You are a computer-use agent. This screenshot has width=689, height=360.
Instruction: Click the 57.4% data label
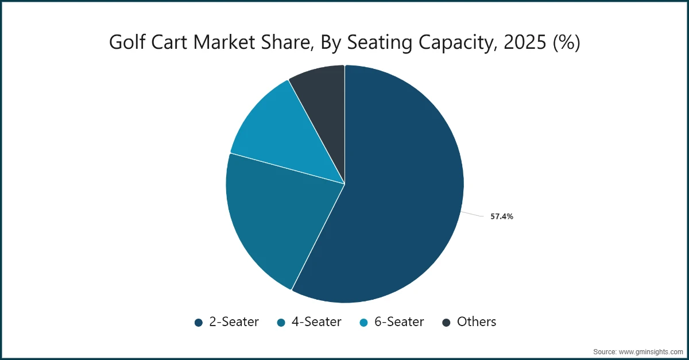pyautogui.click(x=501, y=217)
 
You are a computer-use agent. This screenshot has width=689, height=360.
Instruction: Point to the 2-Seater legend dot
pyautogui.click(x=199, y=323)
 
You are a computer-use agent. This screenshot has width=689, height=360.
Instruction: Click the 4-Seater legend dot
pyautogui.click(x=281, y=323)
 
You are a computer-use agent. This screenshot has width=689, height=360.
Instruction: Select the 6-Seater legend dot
pyautogui.click(x=364, y=323)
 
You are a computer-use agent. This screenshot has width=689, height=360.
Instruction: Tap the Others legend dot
pyautogui.click(x=447, y=323)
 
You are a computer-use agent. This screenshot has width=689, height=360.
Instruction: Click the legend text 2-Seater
pyautogui.click(x=234, y=322)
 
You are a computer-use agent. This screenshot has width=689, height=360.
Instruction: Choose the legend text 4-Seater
pyautogui.click(x=316, y=322)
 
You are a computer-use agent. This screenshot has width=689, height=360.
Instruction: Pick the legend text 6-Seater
pyautogui.click(x=399, y=322)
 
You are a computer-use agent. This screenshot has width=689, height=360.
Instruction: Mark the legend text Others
pyautogui.click(x=476, y=322)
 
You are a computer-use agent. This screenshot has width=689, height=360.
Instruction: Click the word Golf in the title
pyautogui.click(x=126, y=42)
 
